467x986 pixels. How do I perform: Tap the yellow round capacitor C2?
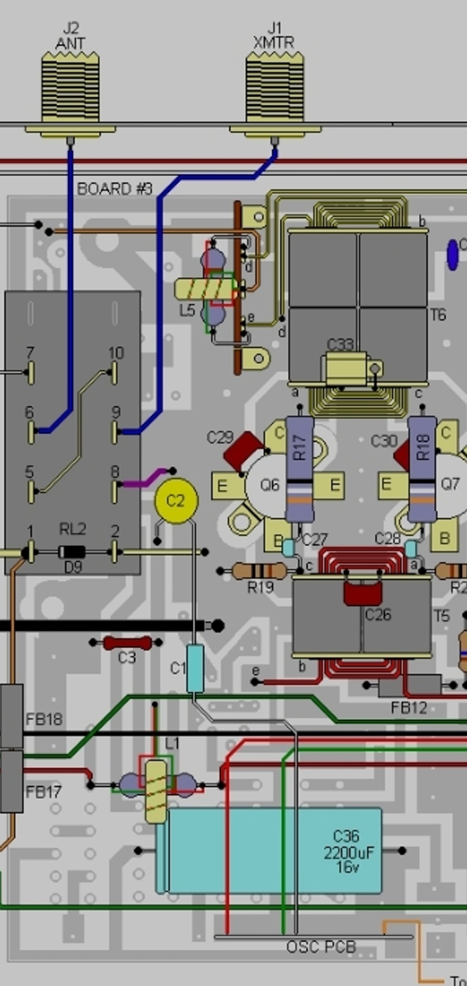tap(176, 501)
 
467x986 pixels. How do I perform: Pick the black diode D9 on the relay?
tap(72, 552)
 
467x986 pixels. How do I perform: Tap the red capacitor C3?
tap(127, 643)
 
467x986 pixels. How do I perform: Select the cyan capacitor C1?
tap(195, 669)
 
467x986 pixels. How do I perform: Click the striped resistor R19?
tap(259, 571)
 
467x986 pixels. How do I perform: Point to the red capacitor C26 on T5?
tap(363, 593)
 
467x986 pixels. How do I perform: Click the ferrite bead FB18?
tap(12, 716)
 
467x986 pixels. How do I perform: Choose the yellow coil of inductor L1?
tap(155, 791)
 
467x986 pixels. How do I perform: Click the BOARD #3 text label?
tap(115, 189)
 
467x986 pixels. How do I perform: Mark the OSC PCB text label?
tap(321, 947)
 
